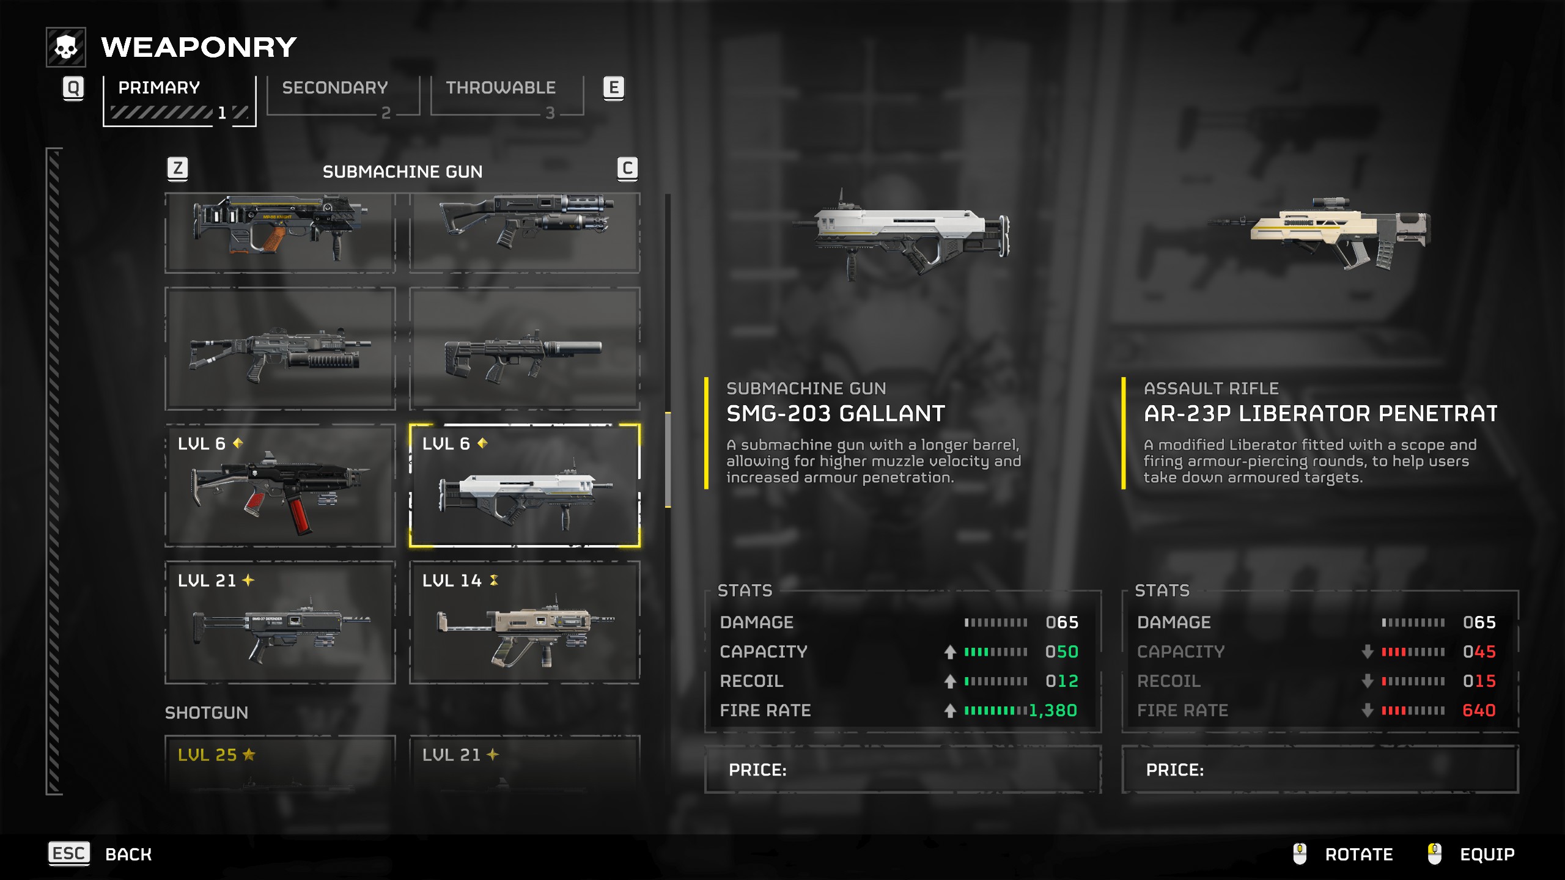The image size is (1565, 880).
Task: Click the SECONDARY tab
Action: click(x=335, y=88)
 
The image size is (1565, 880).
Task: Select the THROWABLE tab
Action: click(x=500, y=88)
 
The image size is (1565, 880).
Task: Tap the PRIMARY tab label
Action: click(x=159, y=88)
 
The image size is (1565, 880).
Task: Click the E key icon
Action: click(x=613, y=88)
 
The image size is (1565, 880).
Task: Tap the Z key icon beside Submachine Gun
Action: click(x=177, y=168)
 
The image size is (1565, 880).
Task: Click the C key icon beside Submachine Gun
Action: click(x=627, y=168)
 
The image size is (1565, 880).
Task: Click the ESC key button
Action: click(x=69, y=853)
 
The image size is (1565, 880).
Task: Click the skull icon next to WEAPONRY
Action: click(x=66, y=47)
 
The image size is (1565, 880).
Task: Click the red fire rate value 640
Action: click(x=1479, y=710)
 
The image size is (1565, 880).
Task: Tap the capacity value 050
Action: click(x=1061, y=651)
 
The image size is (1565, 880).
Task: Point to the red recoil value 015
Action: click(x=1479, y=681)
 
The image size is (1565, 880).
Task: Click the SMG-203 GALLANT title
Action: click(x=836, y=414)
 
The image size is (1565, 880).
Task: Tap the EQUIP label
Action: click(x=1487, y=854)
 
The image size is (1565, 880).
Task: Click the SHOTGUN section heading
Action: click(x=207, y=713)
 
